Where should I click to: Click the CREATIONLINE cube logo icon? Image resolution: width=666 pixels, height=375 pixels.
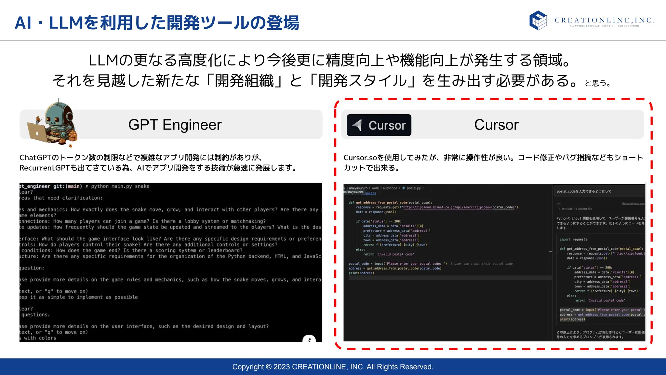[x=538, y=20]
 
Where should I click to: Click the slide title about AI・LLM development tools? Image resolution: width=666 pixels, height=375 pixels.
[x=157, y=23]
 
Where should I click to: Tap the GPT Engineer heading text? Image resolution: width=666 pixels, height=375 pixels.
[x=175, y=125]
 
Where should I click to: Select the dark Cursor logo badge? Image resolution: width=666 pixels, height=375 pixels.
[x=379, y=125]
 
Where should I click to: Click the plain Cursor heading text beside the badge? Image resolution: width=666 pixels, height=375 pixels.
[x=496, y=125]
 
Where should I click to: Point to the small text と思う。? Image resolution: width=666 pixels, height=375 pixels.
[x=598, y=83]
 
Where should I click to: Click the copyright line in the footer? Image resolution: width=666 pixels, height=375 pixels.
[x=333, y=367]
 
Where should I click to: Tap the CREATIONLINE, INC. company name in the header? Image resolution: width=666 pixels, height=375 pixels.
[x=604, y=20]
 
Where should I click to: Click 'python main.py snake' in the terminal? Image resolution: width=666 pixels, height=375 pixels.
[x=120, y=186]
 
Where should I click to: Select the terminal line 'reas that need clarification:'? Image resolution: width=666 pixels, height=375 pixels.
[x=61, y=198]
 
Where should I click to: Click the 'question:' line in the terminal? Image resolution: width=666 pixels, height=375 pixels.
[x=32, y=268]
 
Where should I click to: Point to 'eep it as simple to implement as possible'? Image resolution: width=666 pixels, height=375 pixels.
[x=78, y=297]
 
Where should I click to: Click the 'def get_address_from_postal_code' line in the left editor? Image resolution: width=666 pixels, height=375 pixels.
[x=390, y=202]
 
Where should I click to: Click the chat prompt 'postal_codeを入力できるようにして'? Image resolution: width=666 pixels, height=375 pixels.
[x=584, y=191]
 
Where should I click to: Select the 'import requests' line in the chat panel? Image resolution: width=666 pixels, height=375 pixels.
[x=573, y=239]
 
